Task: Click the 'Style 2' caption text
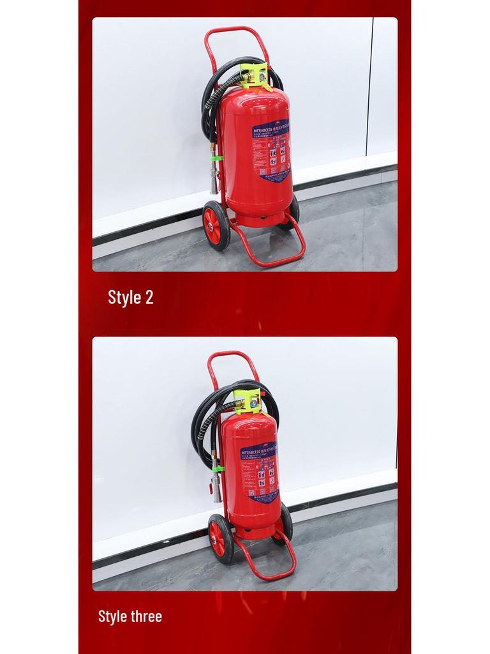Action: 130,297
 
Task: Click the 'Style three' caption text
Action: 130,616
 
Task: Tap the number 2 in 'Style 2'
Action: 149,297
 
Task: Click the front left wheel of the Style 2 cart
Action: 215,225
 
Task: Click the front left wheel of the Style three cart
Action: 221,538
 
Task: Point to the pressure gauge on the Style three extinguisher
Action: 254,403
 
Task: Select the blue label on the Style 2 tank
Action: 272,150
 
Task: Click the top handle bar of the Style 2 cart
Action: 236,29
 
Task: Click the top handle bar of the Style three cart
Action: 233,354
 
